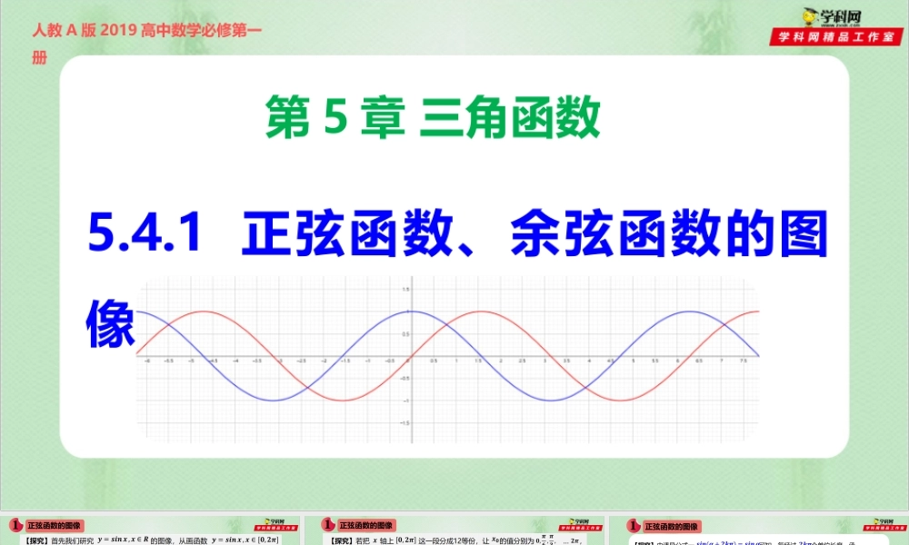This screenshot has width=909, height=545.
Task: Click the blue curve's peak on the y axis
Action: coord(410,312)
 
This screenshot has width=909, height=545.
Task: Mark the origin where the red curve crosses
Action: coord(410,356)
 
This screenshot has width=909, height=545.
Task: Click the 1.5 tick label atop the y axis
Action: coord(405,289)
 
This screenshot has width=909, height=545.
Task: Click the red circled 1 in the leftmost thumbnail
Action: coord(15,525)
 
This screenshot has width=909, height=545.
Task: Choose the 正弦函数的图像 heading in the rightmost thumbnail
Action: coord(672,526)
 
